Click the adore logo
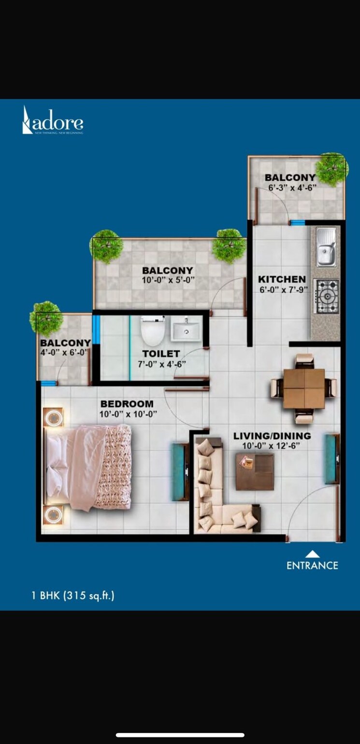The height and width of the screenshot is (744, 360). tap(53, 121)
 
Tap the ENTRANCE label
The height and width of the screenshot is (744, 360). tap(312, 565)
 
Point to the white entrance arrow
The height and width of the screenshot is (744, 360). tap(313, 554)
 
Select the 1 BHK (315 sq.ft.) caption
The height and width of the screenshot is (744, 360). tap(73, 595)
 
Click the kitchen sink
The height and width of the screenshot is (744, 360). tap(326, 247)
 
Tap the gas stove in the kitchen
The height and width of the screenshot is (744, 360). tap(327, 296)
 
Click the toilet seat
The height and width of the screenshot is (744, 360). tap(153, 330)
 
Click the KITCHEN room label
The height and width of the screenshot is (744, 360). tap(282, 279)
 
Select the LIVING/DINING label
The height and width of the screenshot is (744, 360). tap(272, 436)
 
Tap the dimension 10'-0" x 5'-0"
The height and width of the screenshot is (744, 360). tap(167, 281)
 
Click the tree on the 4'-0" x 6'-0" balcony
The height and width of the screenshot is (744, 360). tap(46, 318)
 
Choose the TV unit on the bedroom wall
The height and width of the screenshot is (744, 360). tap(180, 472)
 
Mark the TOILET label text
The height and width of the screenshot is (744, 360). tap(161, 354)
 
